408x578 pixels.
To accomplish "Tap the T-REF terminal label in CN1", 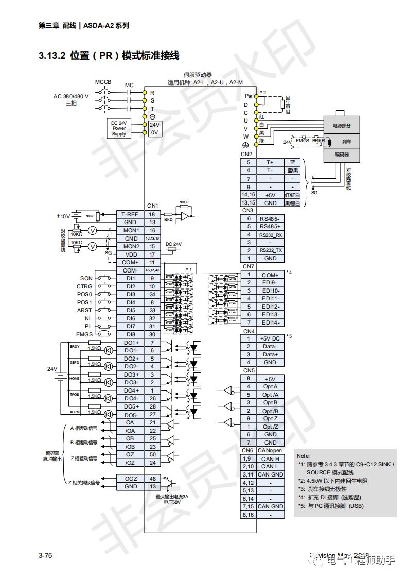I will pos(130,214).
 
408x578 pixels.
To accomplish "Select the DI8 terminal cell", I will pos(130,334).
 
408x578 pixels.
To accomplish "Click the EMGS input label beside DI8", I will pos(84,334).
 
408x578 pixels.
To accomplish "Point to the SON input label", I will pos(86,278).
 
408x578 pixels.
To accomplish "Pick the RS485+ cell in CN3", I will pos(270,226).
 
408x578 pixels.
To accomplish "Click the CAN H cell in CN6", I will pos(270,458).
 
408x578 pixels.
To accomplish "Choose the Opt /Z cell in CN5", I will pos(270,427).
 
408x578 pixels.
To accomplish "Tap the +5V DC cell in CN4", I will pos(270,338).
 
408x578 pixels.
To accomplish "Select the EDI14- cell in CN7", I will pos(270,322).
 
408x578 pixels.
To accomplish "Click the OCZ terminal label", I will pos(130,479).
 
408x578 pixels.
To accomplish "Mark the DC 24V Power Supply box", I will pos(119,128).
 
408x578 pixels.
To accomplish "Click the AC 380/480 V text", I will pos(71,96).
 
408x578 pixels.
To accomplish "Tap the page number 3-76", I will pos(45,555).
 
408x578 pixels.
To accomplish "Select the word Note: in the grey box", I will pos(304,456).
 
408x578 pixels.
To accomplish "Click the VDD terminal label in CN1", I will pos(130,254).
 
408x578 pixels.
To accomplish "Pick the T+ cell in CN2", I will pos(270,162).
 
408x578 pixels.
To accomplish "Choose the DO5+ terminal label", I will pos(130,406).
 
